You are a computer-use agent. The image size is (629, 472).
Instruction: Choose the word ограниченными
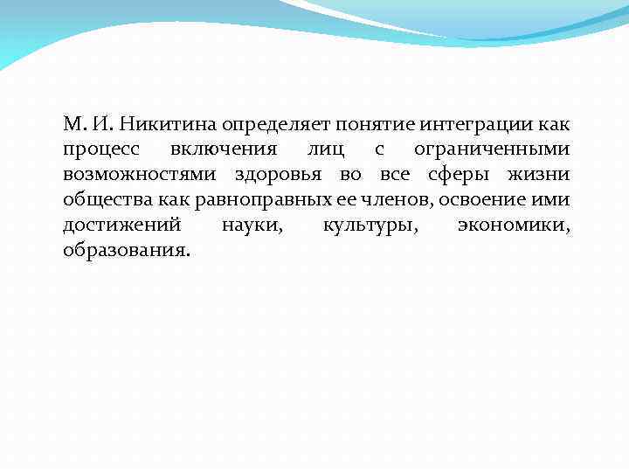point(494,149)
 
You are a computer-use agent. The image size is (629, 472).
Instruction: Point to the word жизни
point(543,175)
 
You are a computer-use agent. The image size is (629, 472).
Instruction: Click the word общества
point(102,200)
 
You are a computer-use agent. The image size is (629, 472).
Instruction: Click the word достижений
point(121,226)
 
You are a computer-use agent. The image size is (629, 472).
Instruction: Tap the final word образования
point(125,251)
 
